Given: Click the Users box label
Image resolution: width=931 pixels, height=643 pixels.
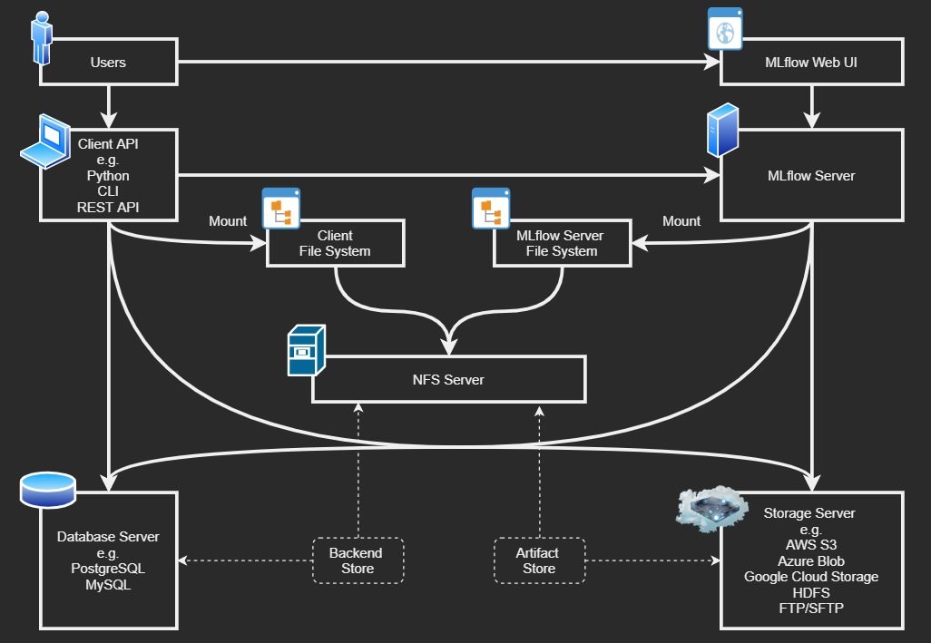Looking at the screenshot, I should [108, 63].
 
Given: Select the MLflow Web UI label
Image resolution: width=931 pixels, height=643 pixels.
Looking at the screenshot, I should [810, 63].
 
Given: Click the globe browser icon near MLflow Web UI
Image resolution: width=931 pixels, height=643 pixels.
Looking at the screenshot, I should [725, 31].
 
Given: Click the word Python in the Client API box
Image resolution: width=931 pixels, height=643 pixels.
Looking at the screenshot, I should [108, 176].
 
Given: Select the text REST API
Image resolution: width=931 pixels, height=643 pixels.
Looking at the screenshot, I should [108, 208].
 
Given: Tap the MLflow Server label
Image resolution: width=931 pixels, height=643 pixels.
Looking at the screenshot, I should [810, 175].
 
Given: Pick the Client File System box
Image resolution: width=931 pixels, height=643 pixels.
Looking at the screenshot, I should [335, 243].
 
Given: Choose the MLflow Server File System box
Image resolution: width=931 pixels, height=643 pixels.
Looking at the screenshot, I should [561, 243].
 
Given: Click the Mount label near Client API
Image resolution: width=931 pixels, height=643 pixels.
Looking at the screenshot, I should [228, 221].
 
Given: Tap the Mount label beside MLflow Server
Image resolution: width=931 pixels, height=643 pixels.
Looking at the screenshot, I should [681, 221].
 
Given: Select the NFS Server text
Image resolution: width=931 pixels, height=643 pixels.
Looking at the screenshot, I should [448, 379].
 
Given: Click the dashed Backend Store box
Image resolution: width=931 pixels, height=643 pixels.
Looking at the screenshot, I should [356, 560].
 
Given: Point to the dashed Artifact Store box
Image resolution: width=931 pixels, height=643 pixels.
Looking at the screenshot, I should [539, 560].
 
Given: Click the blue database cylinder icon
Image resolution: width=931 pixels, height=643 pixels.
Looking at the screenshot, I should [47, 491].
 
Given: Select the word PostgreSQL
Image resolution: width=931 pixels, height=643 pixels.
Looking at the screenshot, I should [108, 569].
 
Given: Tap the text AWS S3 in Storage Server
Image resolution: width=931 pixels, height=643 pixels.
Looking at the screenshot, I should [810, 545].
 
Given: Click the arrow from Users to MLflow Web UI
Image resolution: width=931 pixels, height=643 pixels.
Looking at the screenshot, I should [445, 63].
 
